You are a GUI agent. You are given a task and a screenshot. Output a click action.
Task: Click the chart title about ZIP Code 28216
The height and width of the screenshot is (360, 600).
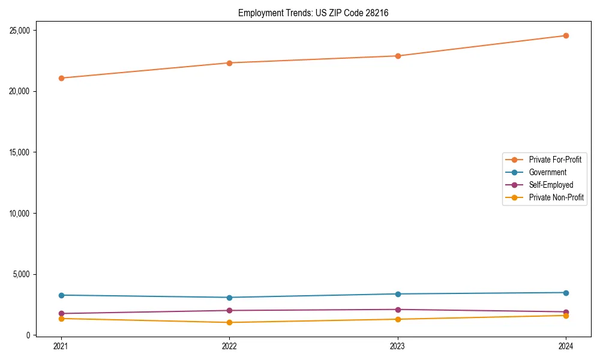(x=313, y=13)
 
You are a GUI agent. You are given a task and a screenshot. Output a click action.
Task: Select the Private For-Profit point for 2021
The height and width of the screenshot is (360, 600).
(x=61, y=78)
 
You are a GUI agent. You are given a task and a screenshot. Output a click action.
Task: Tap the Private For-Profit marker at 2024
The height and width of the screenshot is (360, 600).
(x=566, y=35)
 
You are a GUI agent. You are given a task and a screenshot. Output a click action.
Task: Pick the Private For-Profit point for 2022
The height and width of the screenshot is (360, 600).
(x=229, y=63)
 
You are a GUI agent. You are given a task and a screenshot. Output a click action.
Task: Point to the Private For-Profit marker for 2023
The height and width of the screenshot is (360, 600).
(x=397, y=56)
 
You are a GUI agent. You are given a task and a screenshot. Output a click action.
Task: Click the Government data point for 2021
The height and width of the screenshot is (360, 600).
(x=61, y=295)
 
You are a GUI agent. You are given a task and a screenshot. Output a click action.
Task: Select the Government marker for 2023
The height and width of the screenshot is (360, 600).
(x=397, y=294)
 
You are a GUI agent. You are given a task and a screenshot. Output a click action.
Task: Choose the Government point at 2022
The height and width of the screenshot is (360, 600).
(x=229, y=298)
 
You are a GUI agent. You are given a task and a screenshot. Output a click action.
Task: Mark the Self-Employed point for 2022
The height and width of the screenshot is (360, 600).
(x=229, y=310)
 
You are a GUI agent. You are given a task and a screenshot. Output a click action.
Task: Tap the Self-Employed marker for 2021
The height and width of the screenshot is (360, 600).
(x=61, y=313)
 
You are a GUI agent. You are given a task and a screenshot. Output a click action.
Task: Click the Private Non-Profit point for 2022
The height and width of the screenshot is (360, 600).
(x=229, y=323)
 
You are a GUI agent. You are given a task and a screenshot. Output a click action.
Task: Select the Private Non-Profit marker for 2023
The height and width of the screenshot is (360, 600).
(x=397, y=319)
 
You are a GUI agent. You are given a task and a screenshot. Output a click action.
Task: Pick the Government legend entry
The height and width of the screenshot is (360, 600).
(x=547, y=172)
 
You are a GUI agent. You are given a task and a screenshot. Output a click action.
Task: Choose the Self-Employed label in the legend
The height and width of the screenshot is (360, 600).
(x=551, y=185)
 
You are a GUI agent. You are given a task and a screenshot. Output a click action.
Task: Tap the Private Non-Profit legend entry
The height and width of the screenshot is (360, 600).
(x=556, y=197)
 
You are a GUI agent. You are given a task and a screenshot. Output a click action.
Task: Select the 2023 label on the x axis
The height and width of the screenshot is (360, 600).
(x=397, y=346)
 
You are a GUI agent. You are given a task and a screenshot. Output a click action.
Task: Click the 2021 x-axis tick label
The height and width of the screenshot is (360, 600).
(x=61, y=346)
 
